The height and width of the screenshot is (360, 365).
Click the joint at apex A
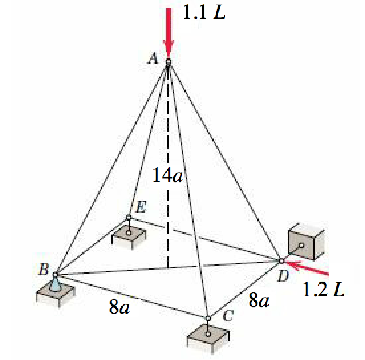169,62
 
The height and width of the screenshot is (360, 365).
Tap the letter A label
153,59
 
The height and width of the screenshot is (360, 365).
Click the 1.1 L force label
202,13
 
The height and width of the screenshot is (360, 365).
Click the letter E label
141,207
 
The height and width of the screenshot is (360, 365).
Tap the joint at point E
129,217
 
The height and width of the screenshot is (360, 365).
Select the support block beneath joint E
129,235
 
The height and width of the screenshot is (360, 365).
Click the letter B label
43,269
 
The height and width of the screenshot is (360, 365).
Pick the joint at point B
56,274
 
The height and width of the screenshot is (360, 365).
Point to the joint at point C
208,318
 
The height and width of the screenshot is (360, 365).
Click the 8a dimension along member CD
258,300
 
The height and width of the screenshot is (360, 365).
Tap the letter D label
283,276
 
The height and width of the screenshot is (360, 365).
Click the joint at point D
281,260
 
